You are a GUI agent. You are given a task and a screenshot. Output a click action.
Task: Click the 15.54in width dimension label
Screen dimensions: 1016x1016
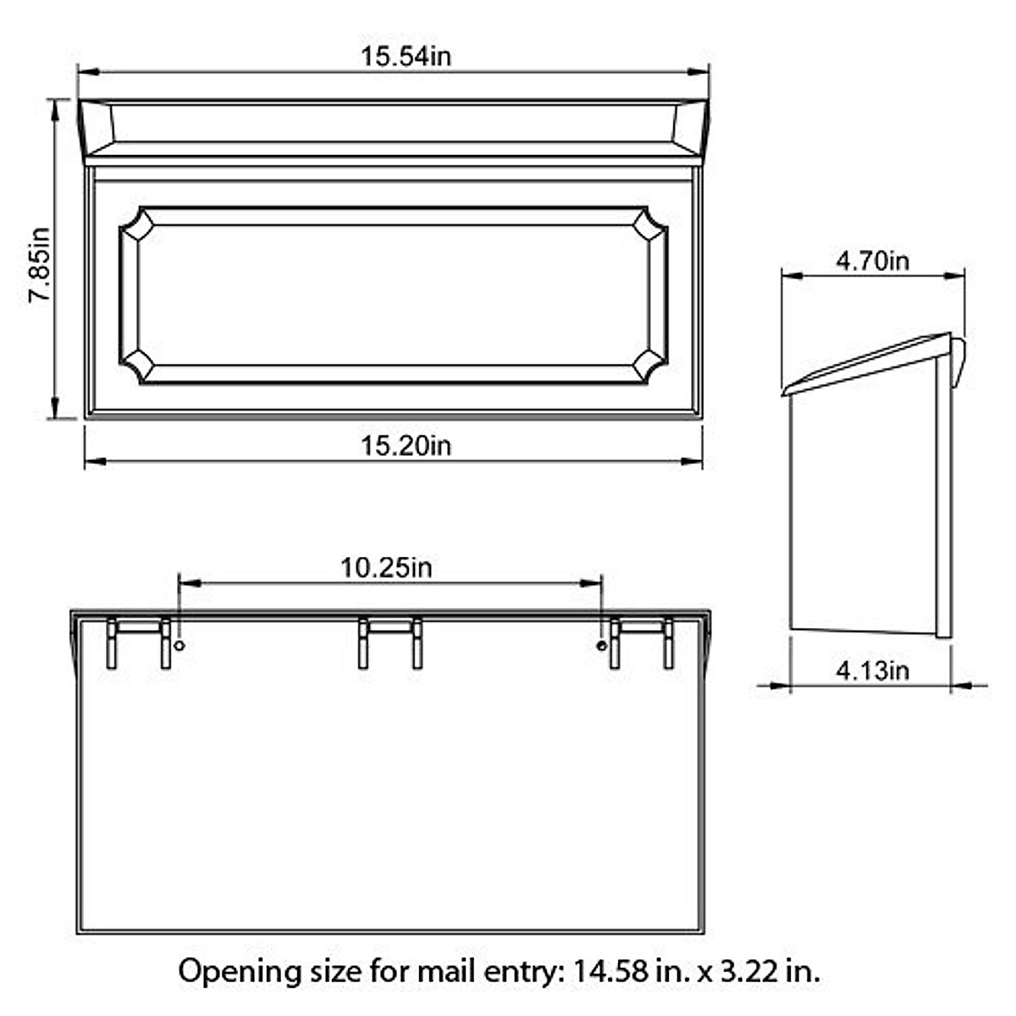[x=406, y=57]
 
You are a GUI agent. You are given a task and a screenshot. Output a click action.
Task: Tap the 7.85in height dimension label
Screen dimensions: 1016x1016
[x=40, y=264]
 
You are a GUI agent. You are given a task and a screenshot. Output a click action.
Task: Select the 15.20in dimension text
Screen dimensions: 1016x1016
[x=406, y=445]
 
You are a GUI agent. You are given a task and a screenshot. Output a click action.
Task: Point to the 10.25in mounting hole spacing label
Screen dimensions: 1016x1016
[x=386, y=566]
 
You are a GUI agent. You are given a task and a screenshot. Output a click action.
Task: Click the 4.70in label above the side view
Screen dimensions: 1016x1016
[x=872, y=260]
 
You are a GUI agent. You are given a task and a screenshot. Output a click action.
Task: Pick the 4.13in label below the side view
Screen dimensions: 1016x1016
[x=872, y=671]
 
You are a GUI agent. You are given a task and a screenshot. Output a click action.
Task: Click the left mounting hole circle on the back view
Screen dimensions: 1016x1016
[x=179, y=646]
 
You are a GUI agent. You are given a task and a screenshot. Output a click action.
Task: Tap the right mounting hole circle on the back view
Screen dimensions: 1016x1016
[x=601, y=646]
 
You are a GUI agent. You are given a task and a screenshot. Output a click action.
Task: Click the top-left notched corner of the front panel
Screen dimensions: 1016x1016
[x=138, y=225]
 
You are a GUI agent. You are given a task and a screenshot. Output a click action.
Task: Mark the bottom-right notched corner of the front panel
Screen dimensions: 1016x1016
[x=649, y=366]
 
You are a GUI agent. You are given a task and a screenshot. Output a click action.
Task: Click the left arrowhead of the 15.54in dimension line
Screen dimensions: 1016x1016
[x=86, y=72]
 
